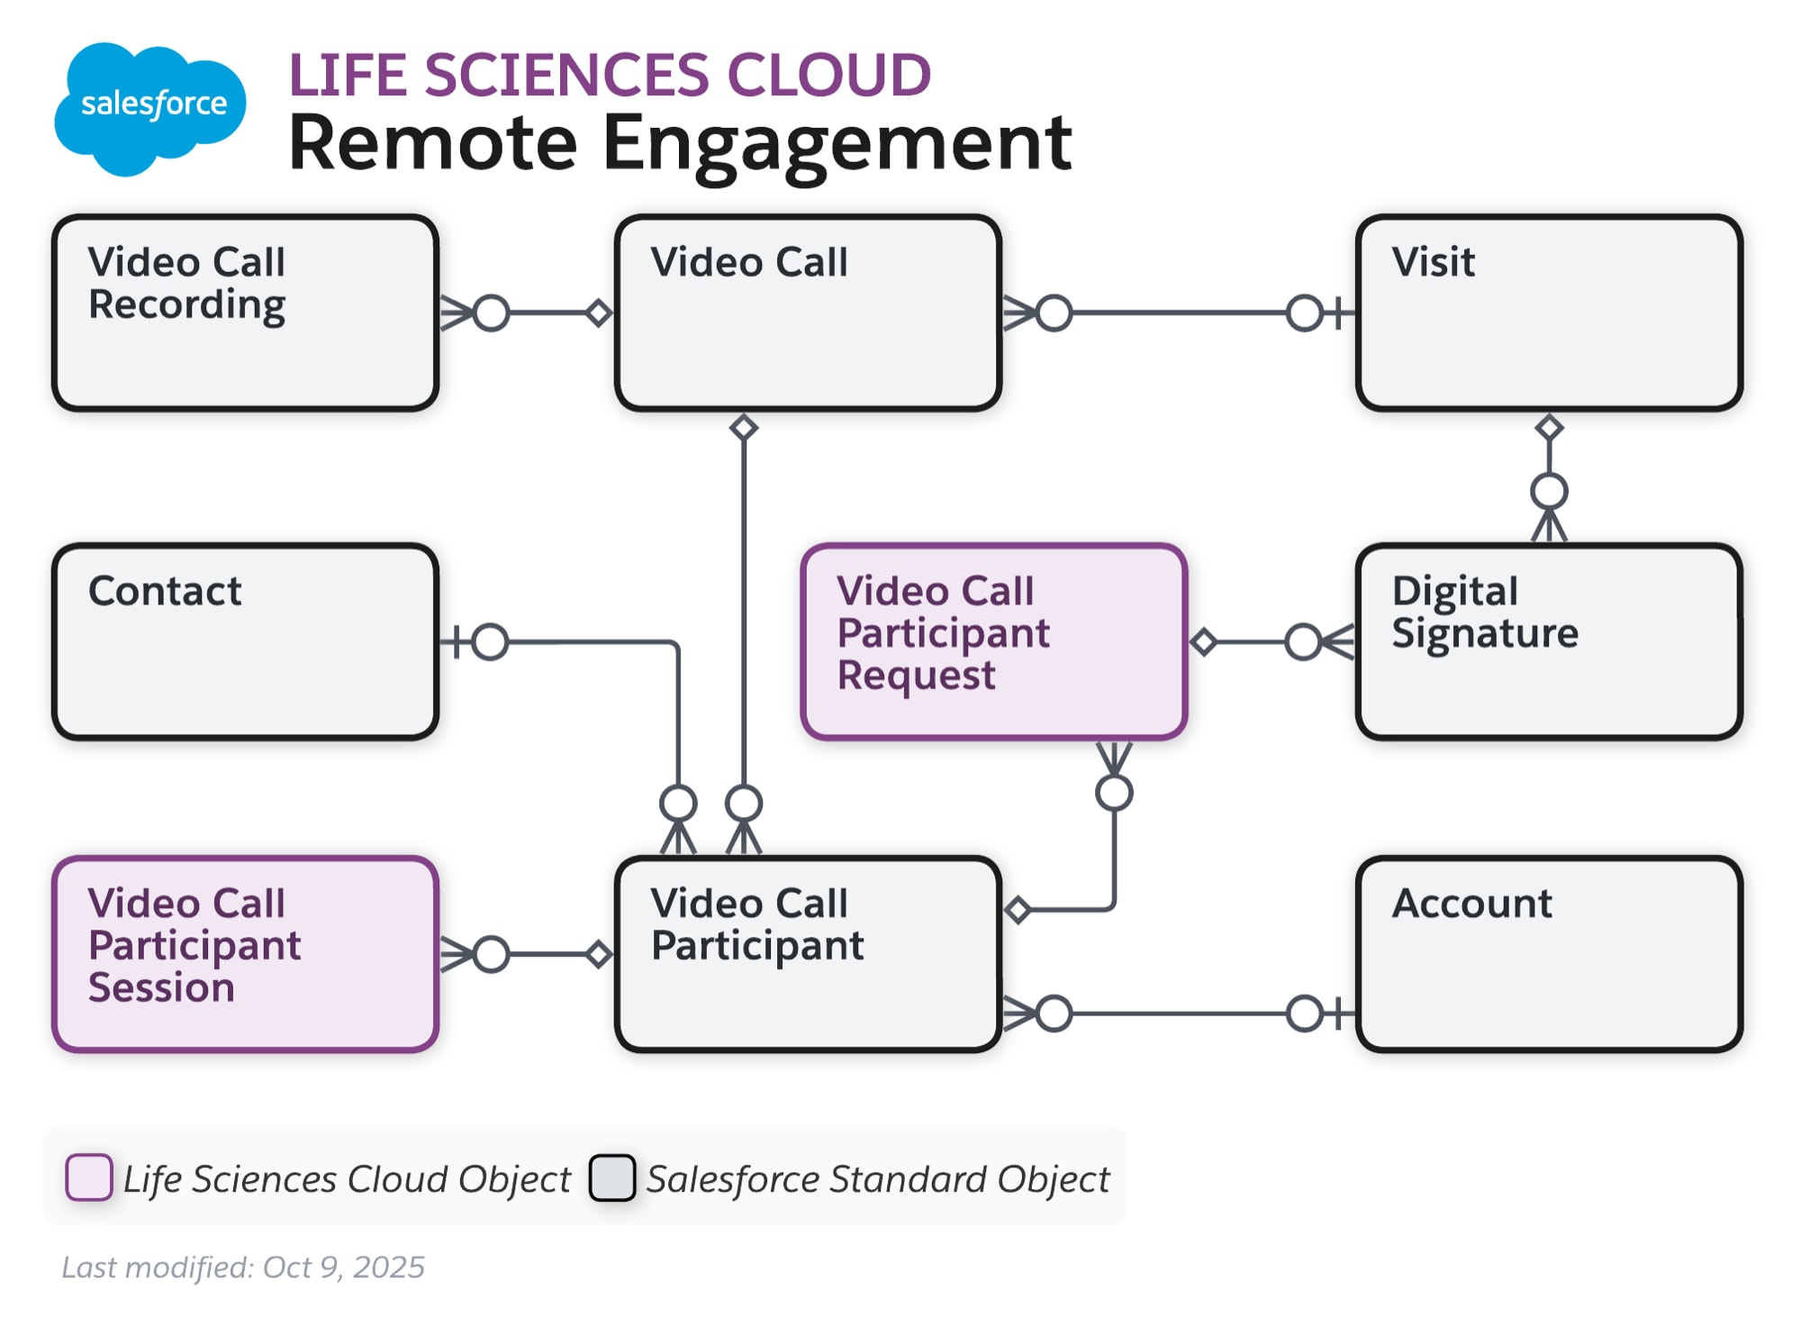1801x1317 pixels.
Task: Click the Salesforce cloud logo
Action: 150,106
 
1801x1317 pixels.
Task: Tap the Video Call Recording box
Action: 245,313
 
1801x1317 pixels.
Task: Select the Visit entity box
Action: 1548,313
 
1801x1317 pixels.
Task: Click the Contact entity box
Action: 245,641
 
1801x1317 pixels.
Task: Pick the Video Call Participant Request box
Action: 993,641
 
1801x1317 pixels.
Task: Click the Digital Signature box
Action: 1548,641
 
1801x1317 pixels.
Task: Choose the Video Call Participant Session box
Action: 245,954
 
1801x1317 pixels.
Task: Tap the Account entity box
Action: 1548,954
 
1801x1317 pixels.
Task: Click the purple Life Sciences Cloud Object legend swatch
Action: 88,1177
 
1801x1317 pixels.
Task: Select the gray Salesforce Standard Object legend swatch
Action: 612,1177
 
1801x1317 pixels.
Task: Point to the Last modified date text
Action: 243,1267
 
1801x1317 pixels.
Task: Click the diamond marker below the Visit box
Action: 1549,427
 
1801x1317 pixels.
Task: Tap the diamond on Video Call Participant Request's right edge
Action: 1204,642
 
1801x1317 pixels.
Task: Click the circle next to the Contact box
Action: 490,642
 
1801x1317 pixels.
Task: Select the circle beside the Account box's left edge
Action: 1304,1013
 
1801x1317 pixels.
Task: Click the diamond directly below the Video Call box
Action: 744,427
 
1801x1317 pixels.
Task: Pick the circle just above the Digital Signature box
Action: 1549,492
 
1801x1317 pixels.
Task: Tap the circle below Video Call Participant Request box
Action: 1114,793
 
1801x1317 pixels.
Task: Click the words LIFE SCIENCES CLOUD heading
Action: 610,75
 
